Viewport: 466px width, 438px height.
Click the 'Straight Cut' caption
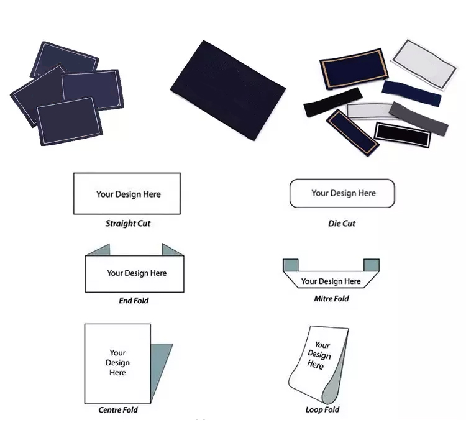point(128,224)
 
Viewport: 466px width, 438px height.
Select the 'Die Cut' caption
point(342,224)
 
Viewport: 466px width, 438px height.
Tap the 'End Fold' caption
point(134,301)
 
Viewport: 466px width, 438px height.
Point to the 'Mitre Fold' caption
point(331,298)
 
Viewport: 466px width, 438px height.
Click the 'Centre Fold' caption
point(118,410)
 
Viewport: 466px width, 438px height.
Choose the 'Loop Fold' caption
point(322,409)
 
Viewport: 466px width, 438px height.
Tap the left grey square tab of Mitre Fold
point(290,265)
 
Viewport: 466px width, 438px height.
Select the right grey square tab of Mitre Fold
point(372,265)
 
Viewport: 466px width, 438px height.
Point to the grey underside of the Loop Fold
point(334,383)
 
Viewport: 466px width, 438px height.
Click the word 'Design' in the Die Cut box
point(343,193)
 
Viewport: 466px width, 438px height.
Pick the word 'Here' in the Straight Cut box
point(152,194)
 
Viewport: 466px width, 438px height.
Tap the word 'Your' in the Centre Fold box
point(117,353)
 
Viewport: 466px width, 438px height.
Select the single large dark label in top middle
point(228,90)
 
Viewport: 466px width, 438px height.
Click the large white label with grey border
point(424,64)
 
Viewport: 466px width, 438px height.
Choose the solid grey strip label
point(418,118)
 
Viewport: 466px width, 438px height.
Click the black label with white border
point(403,135)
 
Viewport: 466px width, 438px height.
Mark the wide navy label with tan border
point(354,69)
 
